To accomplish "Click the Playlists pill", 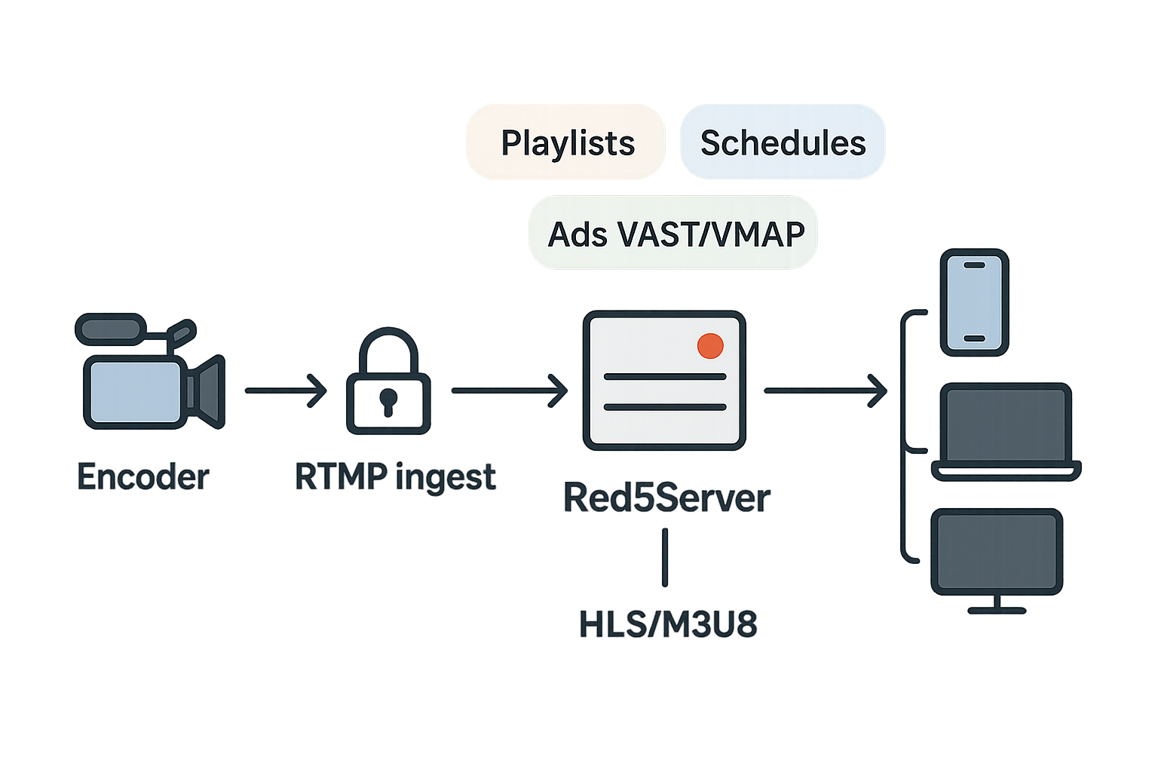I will [565, 142].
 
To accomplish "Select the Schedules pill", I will [783, 142].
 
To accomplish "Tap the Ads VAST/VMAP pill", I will [673, 234].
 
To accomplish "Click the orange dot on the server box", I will [710, 345].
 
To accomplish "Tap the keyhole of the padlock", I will [388, 400].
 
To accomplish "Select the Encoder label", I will [143, 477].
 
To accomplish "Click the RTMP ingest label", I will [395, 477].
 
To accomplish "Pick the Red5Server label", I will [667, 498].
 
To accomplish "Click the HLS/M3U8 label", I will [668, 624].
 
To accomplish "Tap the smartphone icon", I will [974, 302].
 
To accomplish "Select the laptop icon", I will [1006, 432].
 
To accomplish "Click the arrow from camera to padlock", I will [286, 391].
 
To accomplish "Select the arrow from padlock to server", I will [510, 391].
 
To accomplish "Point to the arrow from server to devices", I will [826, 391].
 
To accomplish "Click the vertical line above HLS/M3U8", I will [665, 557].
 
